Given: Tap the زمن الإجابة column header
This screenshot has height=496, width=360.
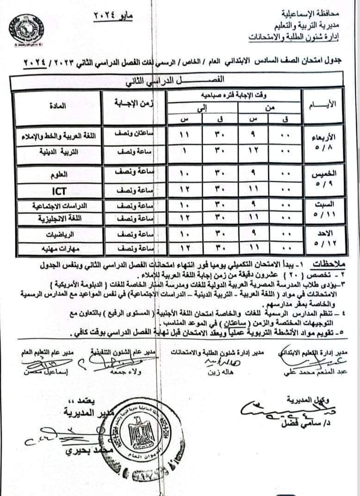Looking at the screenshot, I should point(133,106).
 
